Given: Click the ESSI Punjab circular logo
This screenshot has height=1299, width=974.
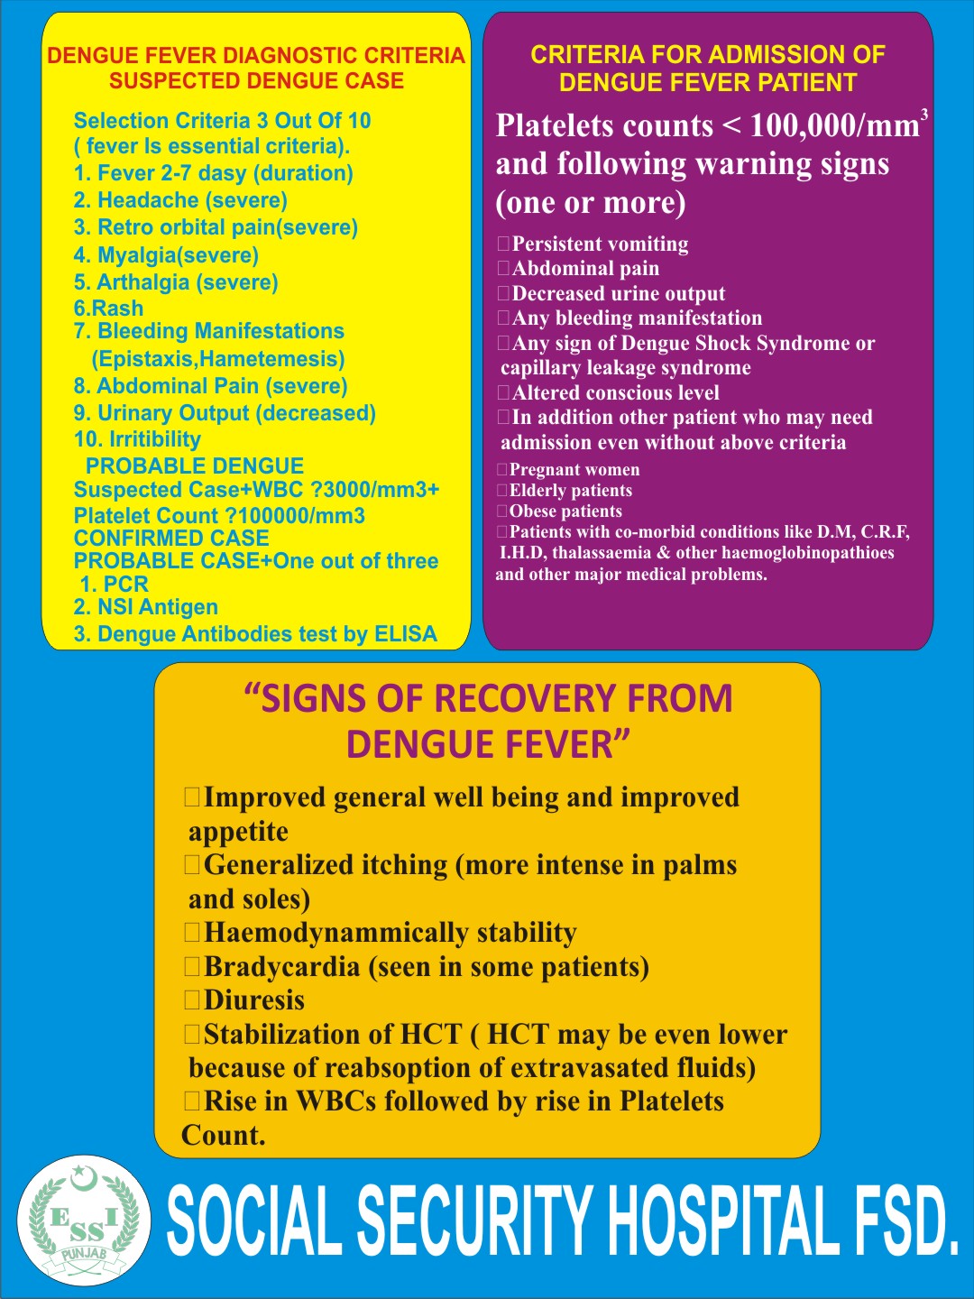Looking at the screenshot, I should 84,1221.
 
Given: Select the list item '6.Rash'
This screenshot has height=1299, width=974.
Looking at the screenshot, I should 108,309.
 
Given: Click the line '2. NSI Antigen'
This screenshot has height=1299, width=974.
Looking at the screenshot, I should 146,607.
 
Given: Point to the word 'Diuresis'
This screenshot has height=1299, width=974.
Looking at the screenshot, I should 254,1000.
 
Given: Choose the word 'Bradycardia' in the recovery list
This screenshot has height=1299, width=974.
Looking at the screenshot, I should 281,967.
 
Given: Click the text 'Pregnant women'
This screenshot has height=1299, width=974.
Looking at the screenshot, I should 574,470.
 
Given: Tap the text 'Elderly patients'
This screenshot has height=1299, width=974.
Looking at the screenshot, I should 571,491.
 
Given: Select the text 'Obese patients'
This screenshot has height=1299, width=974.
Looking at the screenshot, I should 565,511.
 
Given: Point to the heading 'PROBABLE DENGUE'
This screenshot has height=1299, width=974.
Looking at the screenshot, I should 195,466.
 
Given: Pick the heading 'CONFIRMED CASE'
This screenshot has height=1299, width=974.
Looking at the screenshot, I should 171,538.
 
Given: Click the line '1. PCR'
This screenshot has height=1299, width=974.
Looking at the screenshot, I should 115,585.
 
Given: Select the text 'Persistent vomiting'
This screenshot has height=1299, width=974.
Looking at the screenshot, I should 600,244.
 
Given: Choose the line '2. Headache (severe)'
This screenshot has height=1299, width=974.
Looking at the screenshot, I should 180,200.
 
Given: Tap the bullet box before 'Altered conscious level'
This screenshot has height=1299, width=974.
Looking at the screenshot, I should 504,392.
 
